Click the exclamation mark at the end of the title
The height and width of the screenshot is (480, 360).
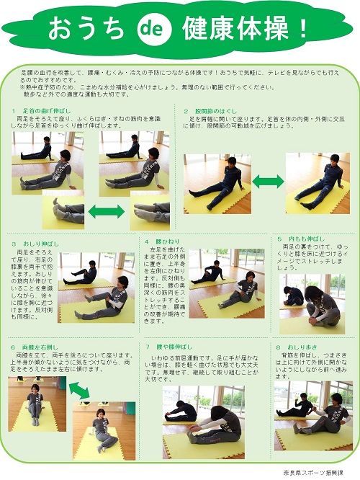click(302, 29)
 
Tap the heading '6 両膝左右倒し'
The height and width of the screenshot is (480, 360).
click(35, 347)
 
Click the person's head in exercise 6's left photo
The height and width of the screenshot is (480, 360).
click(33, 390)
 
